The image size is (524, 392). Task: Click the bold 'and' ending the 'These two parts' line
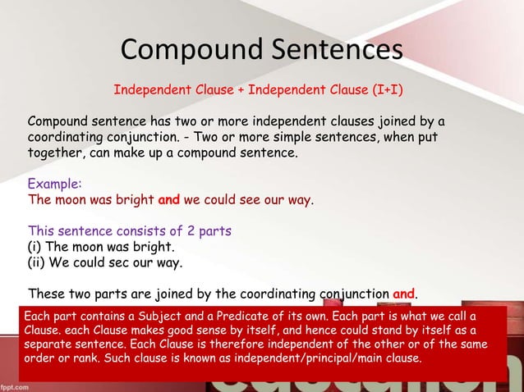[405, 293]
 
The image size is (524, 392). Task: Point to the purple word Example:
[55, 184]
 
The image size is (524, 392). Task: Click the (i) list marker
[37, 246]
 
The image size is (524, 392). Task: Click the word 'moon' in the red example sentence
[70, 199]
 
